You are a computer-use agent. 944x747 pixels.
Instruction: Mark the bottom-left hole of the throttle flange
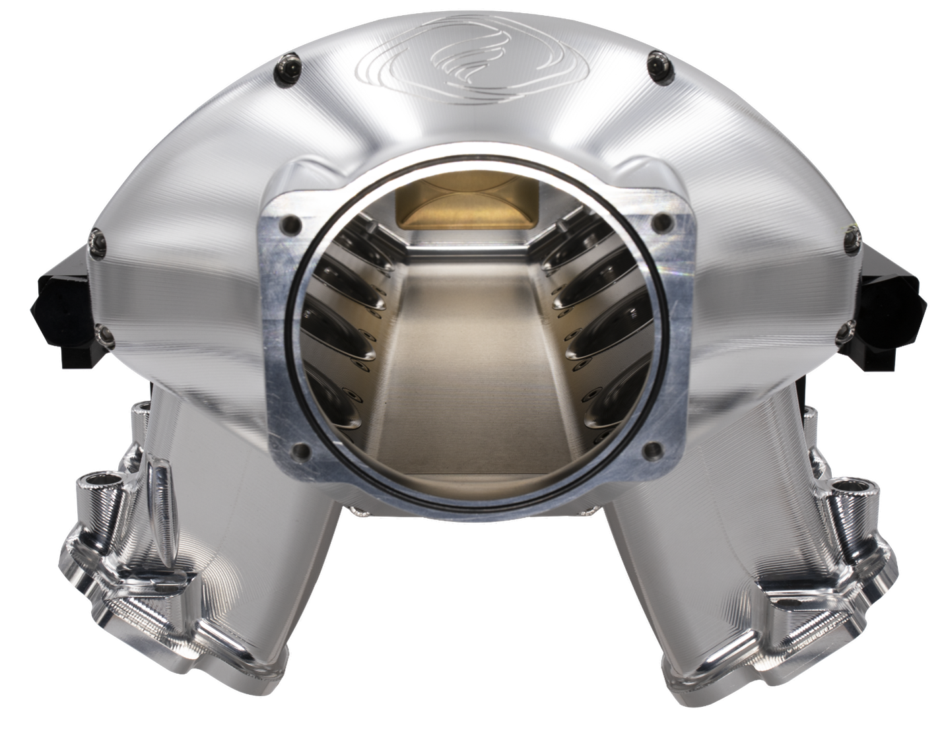[302, 451]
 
